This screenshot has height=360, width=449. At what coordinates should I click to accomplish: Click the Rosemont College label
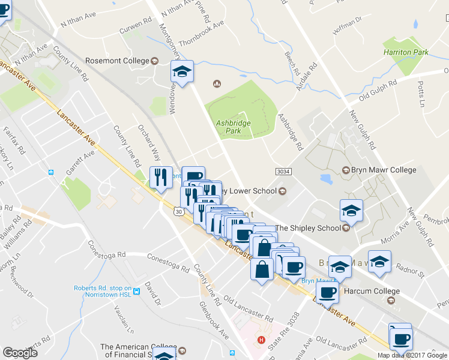(x=117, y=61)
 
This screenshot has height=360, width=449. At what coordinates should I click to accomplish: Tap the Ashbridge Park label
(x=233, y=127)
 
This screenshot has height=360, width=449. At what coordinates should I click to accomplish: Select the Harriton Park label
(x=406, y=52)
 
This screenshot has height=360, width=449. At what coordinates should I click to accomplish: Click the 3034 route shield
(x=284, y=171)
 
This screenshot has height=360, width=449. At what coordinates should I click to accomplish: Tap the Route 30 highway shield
(x=178, y=211)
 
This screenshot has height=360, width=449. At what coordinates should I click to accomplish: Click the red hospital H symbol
(x=261, y=340)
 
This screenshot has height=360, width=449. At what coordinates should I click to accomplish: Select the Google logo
(x=20, y=353)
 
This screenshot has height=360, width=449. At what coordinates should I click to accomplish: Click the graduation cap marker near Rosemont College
(x=182, y=73)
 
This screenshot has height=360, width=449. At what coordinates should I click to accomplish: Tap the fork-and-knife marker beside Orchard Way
(x=160, y=178)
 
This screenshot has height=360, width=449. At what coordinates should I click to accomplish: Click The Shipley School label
(x=307, y=228)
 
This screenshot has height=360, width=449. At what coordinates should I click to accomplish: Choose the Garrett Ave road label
(x=80, y=163)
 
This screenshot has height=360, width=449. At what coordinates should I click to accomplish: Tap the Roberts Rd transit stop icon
(x=136, y=292)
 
